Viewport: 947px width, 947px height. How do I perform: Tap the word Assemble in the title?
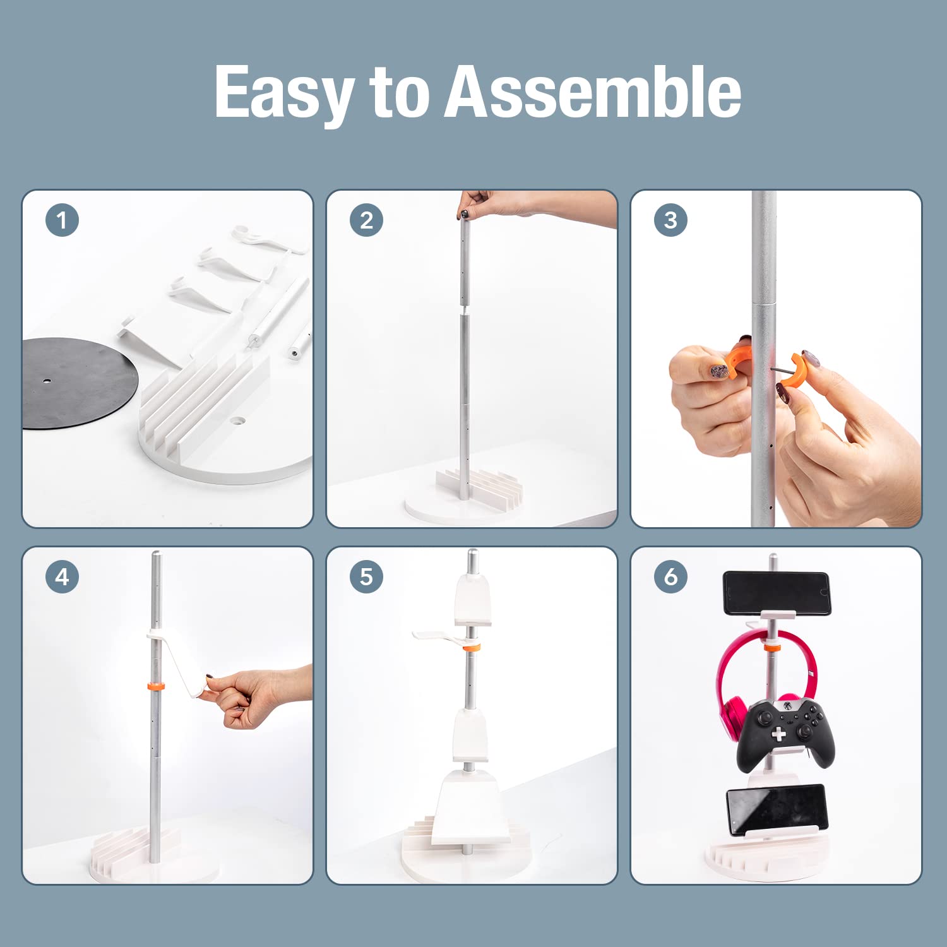(x=593, y=92)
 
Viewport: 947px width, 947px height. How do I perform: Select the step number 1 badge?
(x=62, y=220)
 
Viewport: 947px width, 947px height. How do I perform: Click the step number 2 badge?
(x=366, y=220)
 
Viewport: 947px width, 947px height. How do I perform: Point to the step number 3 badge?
(x=670, y=220)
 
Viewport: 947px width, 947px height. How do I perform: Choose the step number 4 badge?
(x=62, y=576)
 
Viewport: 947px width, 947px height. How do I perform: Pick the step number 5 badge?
(x=366, y=576)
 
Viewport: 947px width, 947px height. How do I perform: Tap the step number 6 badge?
(x=670, y=576)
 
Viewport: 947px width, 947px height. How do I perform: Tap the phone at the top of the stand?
(x=776, y=592)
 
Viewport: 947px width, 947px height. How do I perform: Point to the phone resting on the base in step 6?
(x=776, y=809)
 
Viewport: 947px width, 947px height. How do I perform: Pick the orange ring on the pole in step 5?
(x=470, y=648)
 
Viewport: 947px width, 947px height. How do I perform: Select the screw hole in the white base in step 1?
(x=237, y=419)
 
